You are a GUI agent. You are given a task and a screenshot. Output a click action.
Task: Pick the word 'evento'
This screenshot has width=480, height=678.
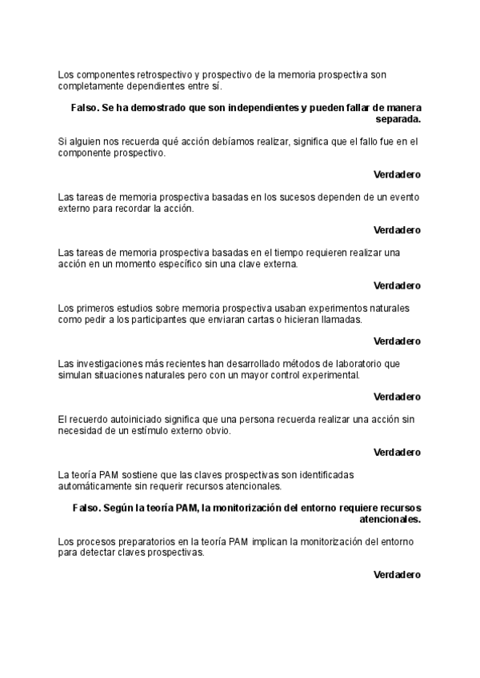pyautogui.click(x=405, y=197)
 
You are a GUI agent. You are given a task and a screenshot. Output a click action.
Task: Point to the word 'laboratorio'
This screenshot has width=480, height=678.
pyautogui.click(x=354, y=364)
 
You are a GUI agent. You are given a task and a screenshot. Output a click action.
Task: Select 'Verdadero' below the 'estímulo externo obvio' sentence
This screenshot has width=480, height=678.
pyautogui.click(x=397, y=452)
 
